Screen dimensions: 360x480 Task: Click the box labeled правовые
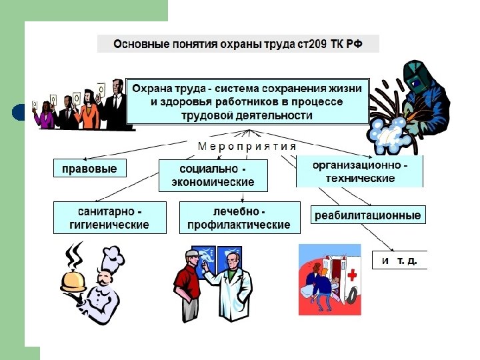pyautogui.click(x=89, y=169)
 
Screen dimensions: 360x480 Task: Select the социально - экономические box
pyautogui.click(x=213, y=175)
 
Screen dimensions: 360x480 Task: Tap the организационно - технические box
pyautogui.click(x=360, y=171)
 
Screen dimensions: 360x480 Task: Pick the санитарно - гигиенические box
pyautogui.click(x=109, y=217)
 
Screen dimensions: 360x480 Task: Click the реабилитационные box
pyautogui.click(x=368, y=215)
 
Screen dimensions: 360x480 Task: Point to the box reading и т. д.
pyautogui.click(x=399, y=260)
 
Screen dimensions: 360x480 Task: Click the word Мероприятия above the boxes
pyautogui.click(x=247, y=146)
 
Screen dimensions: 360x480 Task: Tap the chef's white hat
pyautogui.click(x=112, y=256)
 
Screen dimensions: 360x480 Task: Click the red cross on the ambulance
pyautogui.click(x=352, y=275)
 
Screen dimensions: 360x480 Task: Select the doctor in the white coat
pyautogui.click(x=232, y=287)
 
